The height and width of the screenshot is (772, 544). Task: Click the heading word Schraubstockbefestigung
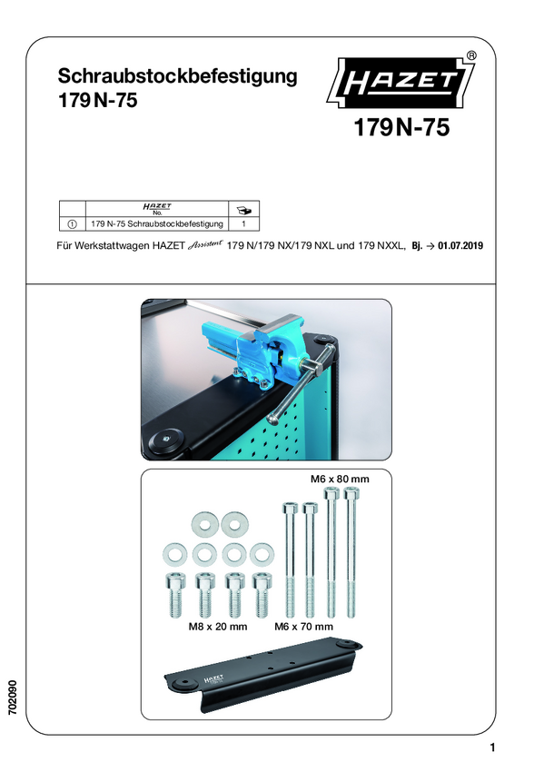coord(178,76)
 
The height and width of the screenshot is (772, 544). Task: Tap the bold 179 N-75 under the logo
coord(401,127)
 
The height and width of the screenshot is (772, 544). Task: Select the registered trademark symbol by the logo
coord(470,55)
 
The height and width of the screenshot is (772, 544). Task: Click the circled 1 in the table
coord(72,224)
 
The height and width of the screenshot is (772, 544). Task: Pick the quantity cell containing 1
coord(243,224)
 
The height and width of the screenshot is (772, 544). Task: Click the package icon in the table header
coord(243,210)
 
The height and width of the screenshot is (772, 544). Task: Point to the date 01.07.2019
coord(460,245)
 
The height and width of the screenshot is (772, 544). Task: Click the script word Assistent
coord(205,243)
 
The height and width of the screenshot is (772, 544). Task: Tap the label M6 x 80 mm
coord(340,479)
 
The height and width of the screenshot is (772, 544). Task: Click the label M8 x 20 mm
coord(218,627)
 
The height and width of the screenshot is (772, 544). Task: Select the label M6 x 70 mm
coord(303,627)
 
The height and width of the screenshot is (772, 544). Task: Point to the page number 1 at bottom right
coord(492,747)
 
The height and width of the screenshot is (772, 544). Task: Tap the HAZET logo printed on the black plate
coord(213,679)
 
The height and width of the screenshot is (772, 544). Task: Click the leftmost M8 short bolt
coord(174,594)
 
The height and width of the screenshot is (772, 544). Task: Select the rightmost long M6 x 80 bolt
coord(351,552)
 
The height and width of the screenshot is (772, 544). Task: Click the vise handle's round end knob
coord(273,418)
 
